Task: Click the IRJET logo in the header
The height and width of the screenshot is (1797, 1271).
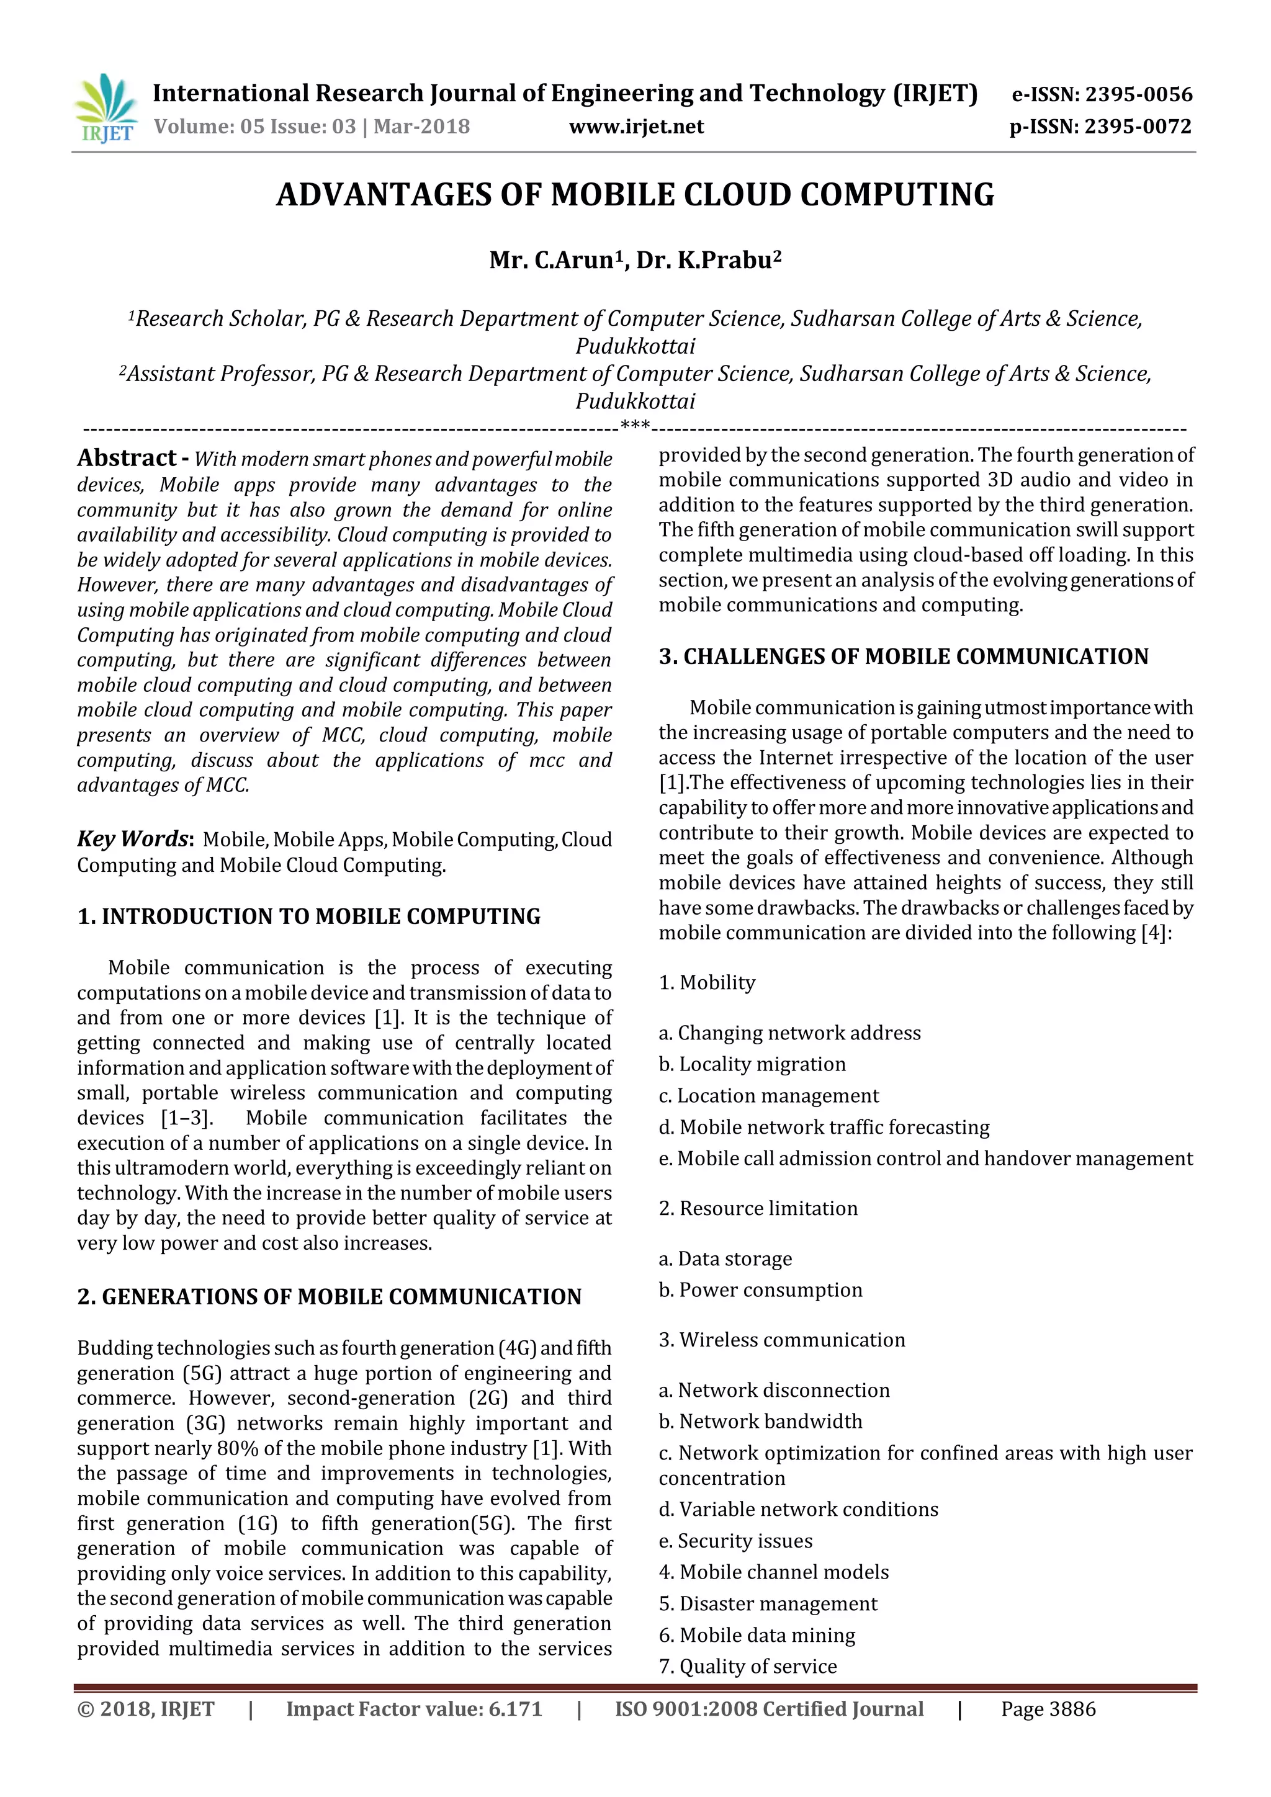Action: tap(106, 108)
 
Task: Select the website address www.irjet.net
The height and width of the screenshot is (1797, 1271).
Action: tap(636, 127)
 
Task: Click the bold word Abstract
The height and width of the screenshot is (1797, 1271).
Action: tap(127, 458)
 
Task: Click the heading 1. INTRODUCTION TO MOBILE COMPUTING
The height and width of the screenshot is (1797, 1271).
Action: tap(308, 916)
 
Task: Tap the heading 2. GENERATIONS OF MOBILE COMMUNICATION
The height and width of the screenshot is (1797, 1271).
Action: tap(329, 1297)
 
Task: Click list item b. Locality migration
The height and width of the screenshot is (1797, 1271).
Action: tap(752, 1064)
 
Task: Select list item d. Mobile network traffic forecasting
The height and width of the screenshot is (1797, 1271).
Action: tap(824, 1127)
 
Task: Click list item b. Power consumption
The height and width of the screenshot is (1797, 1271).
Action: tap(760, 1290)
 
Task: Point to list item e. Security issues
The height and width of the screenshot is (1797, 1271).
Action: tap(735, 1541)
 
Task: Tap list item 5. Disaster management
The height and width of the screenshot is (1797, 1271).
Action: tap(768, 1603)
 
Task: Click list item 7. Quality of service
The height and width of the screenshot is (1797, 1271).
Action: tap(747, 1666)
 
